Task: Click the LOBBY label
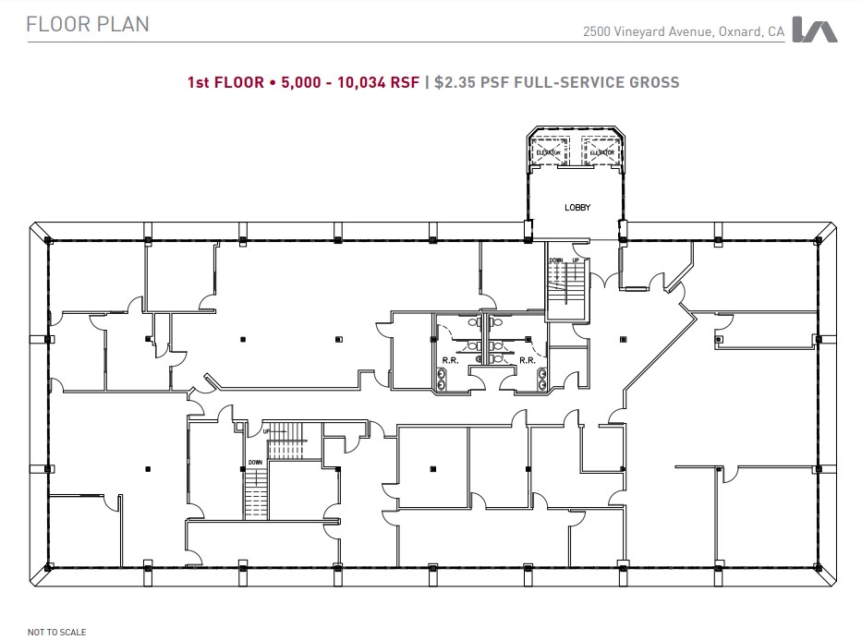tap(577, 208)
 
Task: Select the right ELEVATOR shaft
tap(602, 151)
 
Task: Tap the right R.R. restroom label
tap(527, 360)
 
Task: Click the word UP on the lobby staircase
tap(576, 261)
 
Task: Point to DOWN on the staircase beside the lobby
tap(556, 261)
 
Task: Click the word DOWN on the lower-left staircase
tap(255, 462)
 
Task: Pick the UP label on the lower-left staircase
tap(268, 431)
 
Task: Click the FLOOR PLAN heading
tap(88, 25)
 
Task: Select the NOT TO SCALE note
tap(57, 633)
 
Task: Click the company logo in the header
tap(815, 30)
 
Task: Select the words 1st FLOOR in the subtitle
tap(225, 82)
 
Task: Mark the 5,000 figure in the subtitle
tap(297, 82)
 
